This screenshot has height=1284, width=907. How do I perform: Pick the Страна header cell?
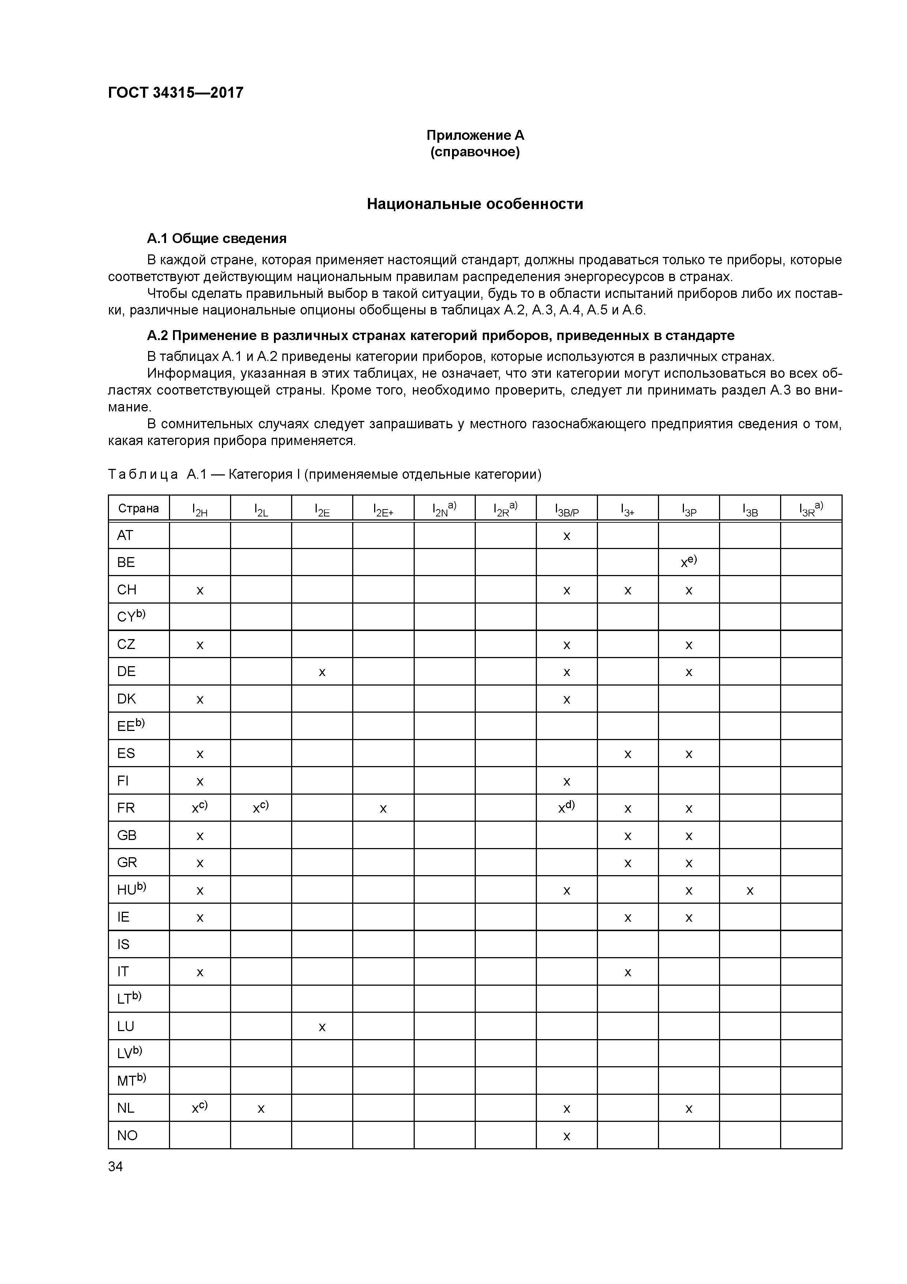tap(139, 508)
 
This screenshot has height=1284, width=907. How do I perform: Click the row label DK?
tap(126, 699)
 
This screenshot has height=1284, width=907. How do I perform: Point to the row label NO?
tap(127, 1135)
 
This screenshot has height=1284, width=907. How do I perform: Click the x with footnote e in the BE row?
tap(688, 563)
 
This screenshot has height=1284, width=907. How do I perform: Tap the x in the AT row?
tap(566, 536)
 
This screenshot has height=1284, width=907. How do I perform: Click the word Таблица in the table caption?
tap(143, 475)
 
